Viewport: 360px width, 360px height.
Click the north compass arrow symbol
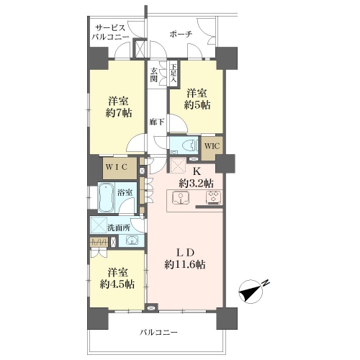point(251,292)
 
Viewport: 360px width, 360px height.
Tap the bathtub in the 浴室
point(107,197)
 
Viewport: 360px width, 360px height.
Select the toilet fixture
point(189,146)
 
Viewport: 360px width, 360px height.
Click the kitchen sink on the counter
point(181,197)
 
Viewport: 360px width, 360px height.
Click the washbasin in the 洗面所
point(131,240)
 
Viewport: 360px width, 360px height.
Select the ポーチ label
point(181,34)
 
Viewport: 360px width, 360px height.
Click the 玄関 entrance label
point(154,75)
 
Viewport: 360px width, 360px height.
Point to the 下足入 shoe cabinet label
point(174,72)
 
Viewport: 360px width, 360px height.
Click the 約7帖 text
point(119,113)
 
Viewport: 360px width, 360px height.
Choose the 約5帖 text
point(197,104)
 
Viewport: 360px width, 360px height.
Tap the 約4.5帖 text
point(117,284)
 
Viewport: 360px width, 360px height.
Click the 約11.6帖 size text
point(185,264)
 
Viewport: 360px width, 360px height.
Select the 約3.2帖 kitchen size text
point(196,184)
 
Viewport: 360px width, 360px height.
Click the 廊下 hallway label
point(157,122)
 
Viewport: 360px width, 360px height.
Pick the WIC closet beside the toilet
point(212,146)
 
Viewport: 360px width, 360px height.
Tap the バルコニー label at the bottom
point(158,333)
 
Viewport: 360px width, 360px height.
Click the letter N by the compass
point(265,283)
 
